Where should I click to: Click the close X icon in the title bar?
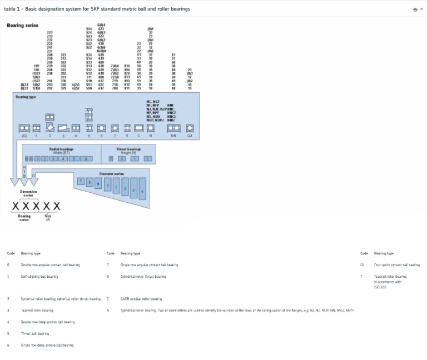click(421, 9)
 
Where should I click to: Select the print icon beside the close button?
click(415, 9)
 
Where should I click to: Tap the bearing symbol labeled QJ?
click(190, 128)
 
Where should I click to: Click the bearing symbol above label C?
click(138, 128)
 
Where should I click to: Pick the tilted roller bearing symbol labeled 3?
click(63, 128)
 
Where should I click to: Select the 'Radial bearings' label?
click(61, 149)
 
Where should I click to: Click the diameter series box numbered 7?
click(81, 181)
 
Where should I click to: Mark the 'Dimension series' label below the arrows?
click(28, 193)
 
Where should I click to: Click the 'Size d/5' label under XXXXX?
click(48, 217)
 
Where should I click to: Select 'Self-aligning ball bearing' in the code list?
click(39, 276)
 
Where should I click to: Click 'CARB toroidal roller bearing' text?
click(141, 299)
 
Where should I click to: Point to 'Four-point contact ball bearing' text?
click(397, 265)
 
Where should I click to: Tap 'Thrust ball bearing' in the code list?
click(35, 333)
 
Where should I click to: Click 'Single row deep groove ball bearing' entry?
click(47, 345)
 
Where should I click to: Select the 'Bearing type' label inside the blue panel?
click(26, 97)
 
